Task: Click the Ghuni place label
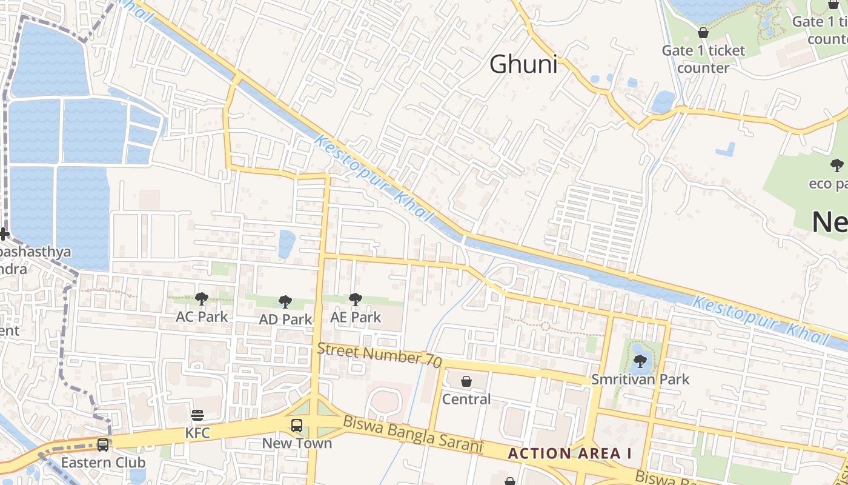pos(523,64)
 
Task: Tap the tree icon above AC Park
pos(202,298)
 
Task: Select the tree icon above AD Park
pos(285,301)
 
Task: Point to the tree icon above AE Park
pos(355,298)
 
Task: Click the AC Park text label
pos(202,316)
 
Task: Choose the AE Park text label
pos(356,317)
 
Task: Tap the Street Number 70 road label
pos(379,354)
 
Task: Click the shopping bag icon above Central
pos(466,381)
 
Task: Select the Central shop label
pos(466,400)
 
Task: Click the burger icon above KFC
pos(197,415)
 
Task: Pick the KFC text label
pos(197,433)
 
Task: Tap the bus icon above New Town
pos(297,425)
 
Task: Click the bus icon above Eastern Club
pos(103,445)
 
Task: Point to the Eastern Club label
pos(103,463)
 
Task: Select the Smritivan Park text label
pos(641,380)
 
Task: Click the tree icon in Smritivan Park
pos(640,361)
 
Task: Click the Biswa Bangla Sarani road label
pos(412,434)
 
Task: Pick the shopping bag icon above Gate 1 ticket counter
pos(703,33)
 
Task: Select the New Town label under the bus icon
pos(297,443)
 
